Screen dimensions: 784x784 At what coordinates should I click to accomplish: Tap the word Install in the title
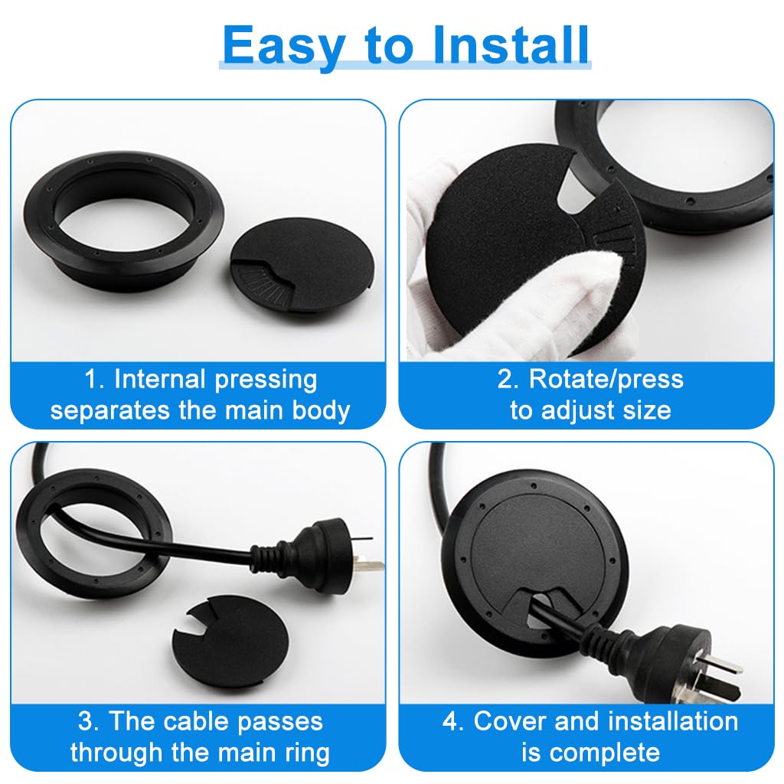pos(511,46)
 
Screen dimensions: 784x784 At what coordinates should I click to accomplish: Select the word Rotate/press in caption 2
pos(600,379)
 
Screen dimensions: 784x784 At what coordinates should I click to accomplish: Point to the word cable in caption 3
pos(222,721)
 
